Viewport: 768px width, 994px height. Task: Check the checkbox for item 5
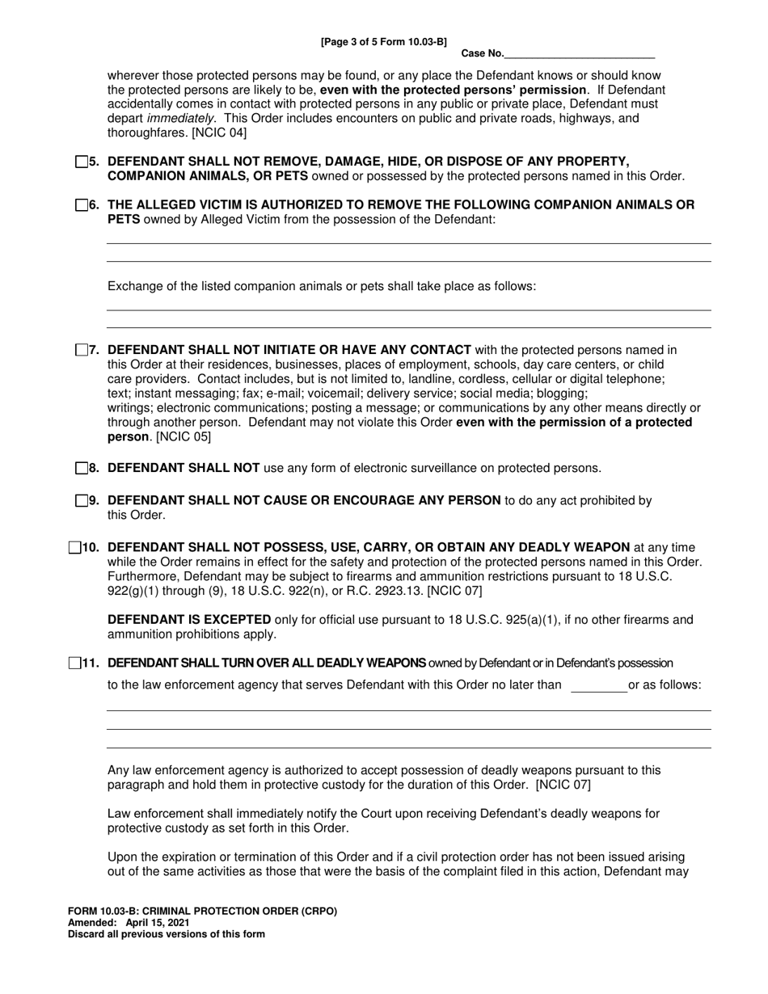pos(81,162)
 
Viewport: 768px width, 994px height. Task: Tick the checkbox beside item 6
pos(81,205)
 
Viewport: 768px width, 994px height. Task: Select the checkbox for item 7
pos(81,350)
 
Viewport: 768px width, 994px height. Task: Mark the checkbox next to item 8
pos(81,468)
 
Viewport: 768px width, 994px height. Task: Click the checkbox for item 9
pos(81,500)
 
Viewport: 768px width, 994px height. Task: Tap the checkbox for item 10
pos(75,548)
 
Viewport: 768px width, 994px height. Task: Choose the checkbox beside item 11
pos(75,663)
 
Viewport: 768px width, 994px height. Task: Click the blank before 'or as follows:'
pos(598,686)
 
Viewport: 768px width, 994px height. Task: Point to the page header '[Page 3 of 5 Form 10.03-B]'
pos(383,41)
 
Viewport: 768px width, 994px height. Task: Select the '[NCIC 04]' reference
pos(219,133)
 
